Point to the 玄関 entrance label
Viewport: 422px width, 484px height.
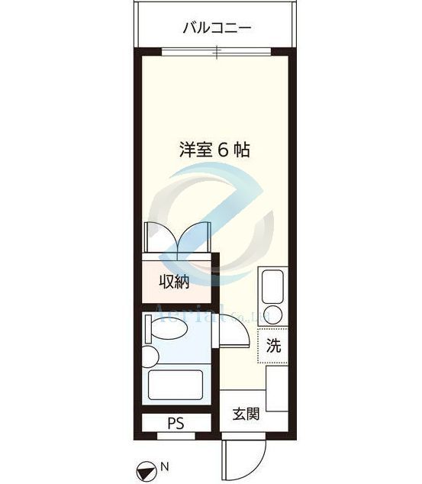pyautogui.click(x=245, y=414)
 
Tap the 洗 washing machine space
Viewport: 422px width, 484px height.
pyautogui.click(x=273, y=345)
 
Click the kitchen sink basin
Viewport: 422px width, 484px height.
pyautogui.click(x=272, y=289)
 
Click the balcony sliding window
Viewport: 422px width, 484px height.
pyautogui.click(x=216, y=51)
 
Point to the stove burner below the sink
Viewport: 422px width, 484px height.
pyautogui.click(x=272, y=315)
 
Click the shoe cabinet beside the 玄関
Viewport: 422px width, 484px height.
pyautogui.click(x=275, y=393)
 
